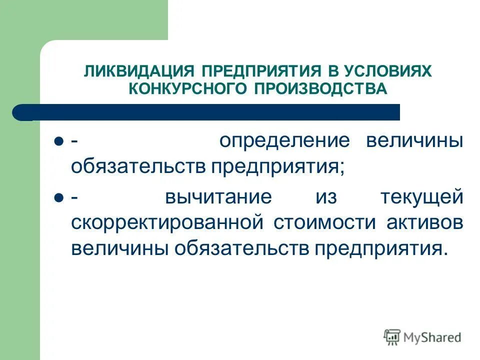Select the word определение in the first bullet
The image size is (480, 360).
click(283, 141)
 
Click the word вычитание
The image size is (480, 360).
click(218, 196)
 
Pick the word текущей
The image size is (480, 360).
click(421, 196)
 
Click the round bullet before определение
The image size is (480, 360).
click(58, 141)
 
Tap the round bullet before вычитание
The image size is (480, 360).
click(58, 197)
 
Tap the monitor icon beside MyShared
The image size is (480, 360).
click(392, 336)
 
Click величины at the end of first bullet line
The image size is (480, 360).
click(414, 141)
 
